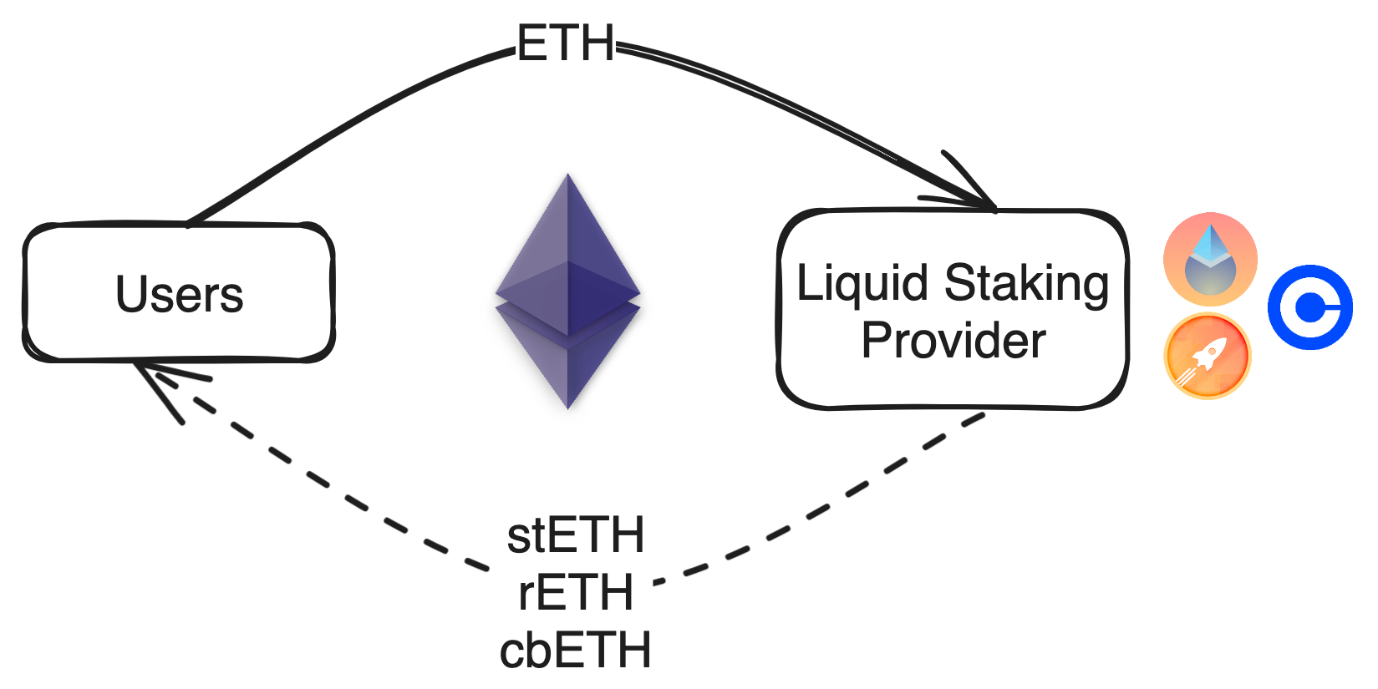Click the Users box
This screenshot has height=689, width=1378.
point(178,292)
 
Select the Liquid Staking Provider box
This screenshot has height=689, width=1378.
point(953,310)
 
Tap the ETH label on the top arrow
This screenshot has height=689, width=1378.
point(566,43)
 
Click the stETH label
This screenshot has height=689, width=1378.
point(576,535)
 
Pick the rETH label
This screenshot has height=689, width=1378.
point(576,593)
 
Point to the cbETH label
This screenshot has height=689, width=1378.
point(576,651)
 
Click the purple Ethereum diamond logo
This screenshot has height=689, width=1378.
point(567,292)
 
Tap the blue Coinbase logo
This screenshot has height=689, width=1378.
point(1309,307)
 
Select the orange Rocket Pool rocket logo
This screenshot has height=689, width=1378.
point(1207,357)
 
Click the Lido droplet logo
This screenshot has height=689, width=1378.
point(1209,259)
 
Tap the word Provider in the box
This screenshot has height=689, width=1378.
point(953,341)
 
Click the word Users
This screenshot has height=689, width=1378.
point(179,294)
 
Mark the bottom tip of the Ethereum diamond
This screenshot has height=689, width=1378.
point(567,407)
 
